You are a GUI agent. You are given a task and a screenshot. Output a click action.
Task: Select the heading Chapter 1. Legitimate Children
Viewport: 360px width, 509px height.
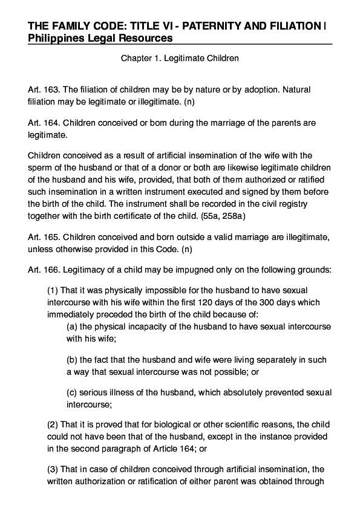180,59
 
